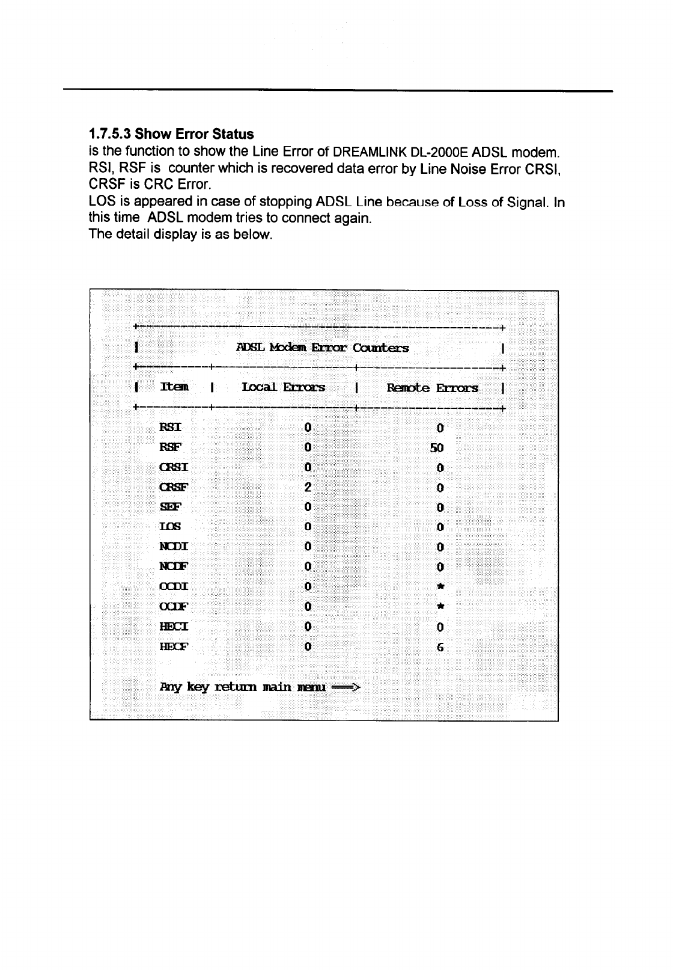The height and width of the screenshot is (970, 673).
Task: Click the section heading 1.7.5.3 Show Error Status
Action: [171, 134]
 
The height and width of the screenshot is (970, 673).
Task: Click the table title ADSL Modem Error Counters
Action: [323, 348]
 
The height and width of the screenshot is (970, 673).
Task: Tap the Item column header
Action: [174, 388]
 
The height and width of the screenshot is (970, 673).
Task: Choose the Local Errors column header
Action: [283, 388]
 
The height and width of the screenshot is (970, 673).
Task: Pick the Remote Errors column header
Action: [433, 388]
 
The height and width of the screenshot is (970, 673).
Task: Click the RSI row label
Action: [170, 428]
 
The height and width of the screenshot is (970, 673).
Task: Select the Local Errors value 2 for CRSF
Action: [307, 487]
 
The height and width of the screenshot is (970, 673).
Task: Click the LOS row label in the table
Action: [169, 527]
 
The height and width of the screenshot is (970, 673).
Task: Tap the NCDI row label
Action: [174, 547]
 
